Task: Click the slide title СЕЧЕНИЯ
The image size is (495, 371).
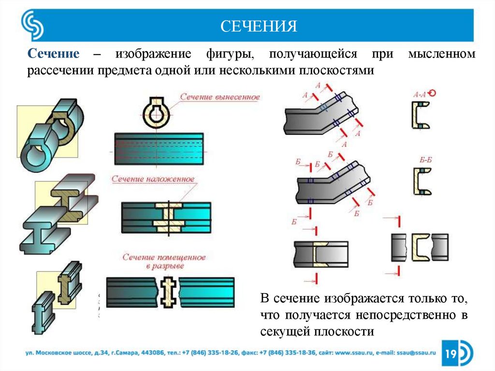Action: point(259,26)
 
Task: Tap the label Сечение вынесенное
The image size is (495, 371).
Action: point(220,97)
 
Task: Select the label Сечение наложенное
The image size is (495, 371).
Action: point(153,179)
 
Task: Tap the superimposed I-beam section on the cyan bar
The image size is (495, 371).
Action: point(169,215)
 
